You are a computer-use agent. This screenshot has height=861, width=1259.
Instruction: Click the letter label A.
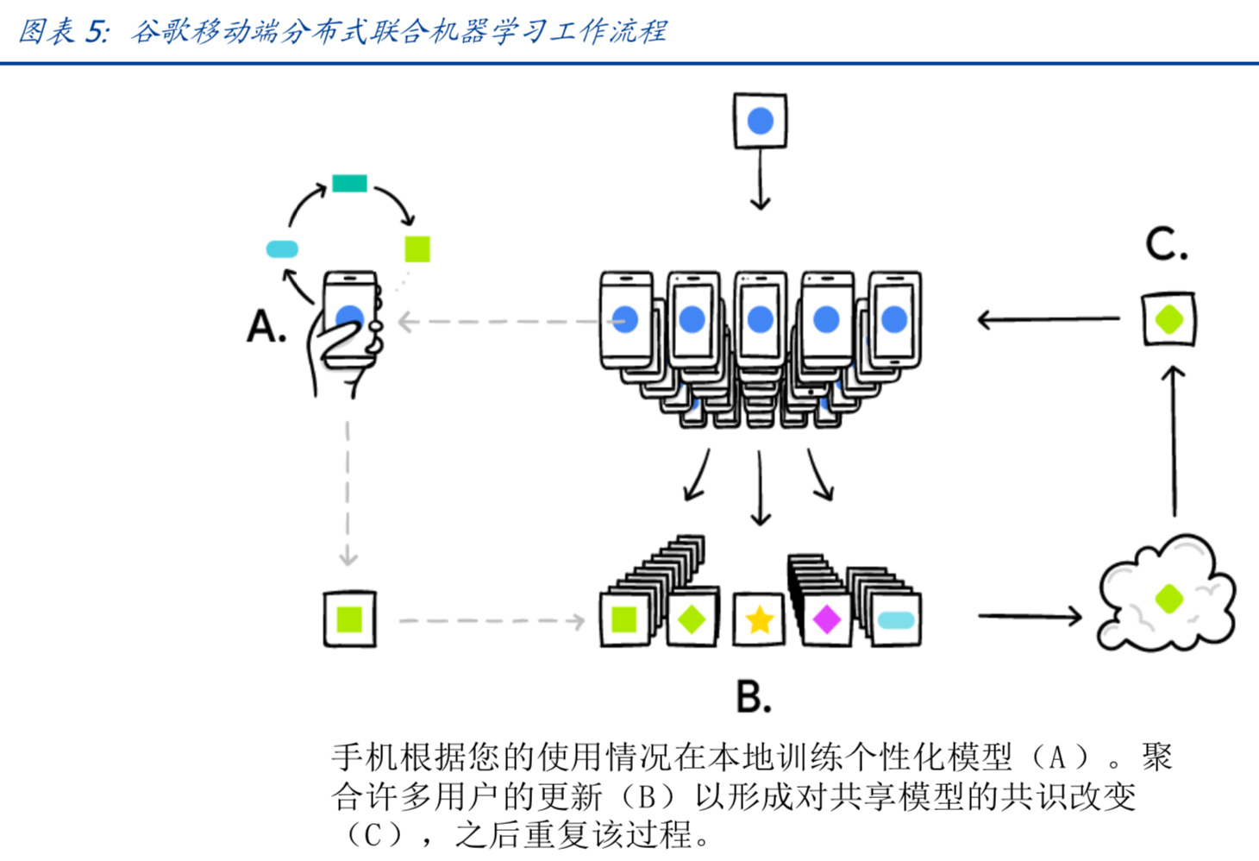pyautogui.click(x=266, y=328)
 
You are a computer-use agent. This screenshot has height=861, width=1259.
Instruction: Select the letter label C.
pyautogui.click(x=1166, y=244)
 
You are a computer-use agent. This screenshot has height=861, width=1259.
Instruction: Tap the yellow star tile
pyautogui.click(x=759, y=619)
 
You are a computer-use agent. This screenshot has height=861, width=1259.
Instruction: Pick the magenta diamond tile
pyautogui.click(x=827, y=619)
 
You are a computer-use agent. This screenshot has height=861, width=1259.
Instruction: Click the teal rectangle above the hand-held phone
pyautogui.click(x=349, y=183)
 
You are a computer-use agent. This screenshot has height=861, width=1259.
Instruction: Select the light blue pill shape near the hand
pyautogui.click(x=282, y=249)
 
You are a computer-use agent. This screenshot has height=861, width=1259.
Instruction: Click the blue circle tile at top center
pyautogui.click(x=760, y=121)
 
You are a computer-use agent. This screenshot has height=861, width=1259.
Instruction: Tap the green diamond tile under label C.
pyautogui.click(x=1169, y=319)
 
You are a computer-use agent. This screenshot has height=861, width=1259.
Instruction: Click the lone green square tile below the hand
pyautogui.click(x=349, y=619)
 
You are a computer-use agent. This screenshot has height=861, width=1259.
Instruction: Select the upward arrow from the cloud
pyautogui.click(x=1174, y=440)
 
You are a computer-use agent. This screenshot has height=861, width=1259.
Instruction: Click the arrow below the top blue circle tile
pyautogui.click(x=760, y=181)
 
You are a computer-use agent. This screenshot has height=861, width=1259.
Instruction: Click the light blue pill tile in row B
pyautogui.click(x=895, y=619)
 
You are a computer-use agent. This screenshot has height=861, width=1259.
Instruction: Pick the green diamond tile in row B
pyautogui.click(x=692, y=619)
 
